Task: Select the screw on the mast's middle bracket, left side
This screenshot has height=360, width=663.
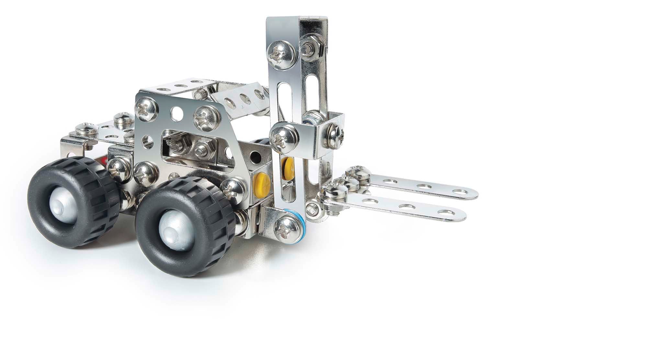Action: [283, 138]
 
